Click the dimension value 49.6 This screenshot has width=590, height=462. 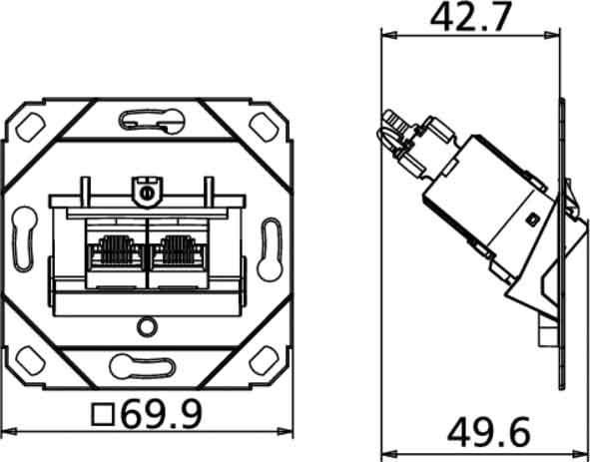489,432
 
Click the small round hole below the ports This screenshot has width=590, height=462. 147,325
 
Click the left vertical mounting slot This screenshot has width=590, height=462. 24,242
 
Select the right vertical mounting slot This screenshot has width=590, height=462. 269,242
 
